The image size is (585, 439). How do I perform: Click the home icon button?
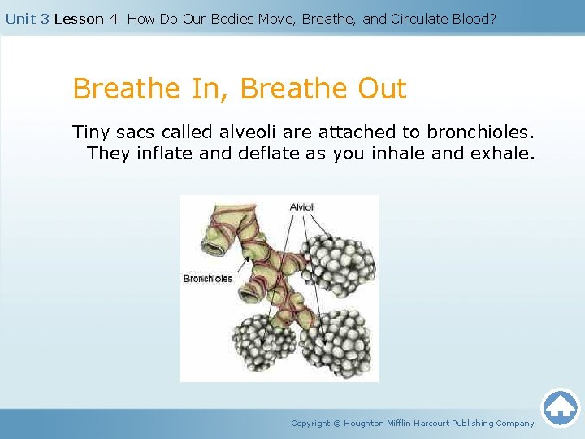(560, 407)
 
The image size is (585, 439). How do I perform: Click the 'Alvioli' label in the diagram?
(301, 207)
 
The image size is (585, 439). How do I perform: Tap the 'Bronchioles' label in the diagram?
(207, 279)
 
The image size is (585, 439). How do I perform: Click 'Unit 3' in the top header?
(28, 19)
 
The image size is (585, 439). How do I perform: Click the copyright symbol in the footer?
(338, 423)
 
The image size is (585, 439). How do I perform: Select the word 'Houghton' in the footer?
(364, 423)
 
